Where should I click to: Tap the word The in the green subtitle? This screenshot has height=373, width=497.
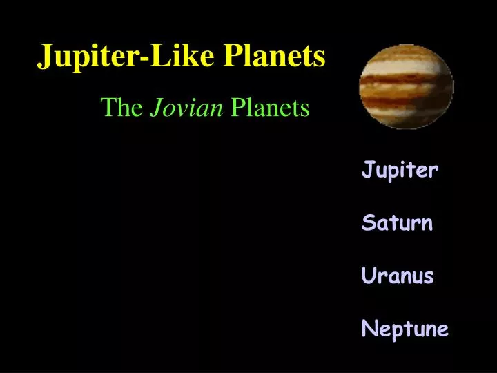120,108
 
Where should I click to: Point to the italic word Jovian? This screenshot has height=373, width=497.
186,108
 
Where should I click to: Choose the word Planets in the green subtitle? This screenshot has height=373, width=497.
270,108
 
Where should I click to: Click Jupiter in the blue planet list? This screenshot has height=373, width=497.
400,170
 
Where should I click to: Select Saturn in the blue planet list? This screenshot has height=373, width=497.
397,223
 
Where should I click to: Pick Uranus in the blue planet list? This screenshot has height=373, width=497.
398,276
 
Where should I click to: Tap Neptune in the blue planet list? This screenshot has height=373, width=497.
405,329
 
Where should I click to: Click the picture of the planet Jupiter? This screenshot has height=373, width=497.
406,86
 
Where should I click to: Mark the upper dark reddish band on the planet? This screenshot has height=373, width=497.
406,69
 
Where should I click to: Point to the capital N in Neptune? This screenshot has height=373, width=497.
367,329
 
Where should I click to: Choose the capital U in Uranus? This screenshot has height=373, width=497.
367,276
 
